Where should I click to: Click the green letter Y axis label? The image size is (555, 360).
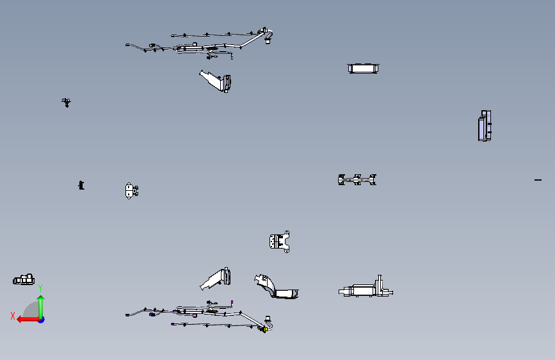point(40,288)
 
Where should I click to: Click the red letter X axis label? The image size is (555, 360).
point(13,316)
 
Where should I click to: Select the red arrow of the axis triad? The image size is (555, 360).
point(28,320)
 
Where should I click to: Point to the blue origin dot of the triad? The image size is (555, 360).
point(42,320)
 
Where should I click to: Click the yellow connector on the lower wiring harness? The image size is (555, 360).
point(265,329)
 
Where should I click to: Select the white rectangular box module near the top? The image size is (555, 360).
point(363,69)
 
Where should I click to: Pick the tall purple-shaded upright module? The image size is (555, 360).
point(485,126)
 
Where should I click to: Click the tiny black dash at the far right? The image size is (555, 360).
point(538,180)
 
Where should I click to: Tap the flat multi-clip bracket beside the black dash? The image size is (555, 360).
point(357,179)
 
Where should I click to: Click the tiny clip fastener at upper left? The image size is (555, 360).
point(66,102)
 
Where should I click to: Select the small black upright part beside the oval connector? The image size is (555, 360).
point(81,185)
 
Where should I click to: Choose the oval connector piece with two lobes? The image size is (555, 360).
point(131,191)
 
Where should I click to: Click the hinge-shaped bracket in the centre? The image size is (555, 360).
point(280,242)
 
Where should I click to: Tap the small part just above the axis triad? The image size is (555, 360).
point(24,279)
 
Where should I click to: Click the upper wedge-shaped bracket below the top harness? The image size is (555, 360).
point(216,81)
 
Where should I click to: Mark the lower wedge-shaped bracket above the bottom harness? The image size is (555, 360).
point(216,279)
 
